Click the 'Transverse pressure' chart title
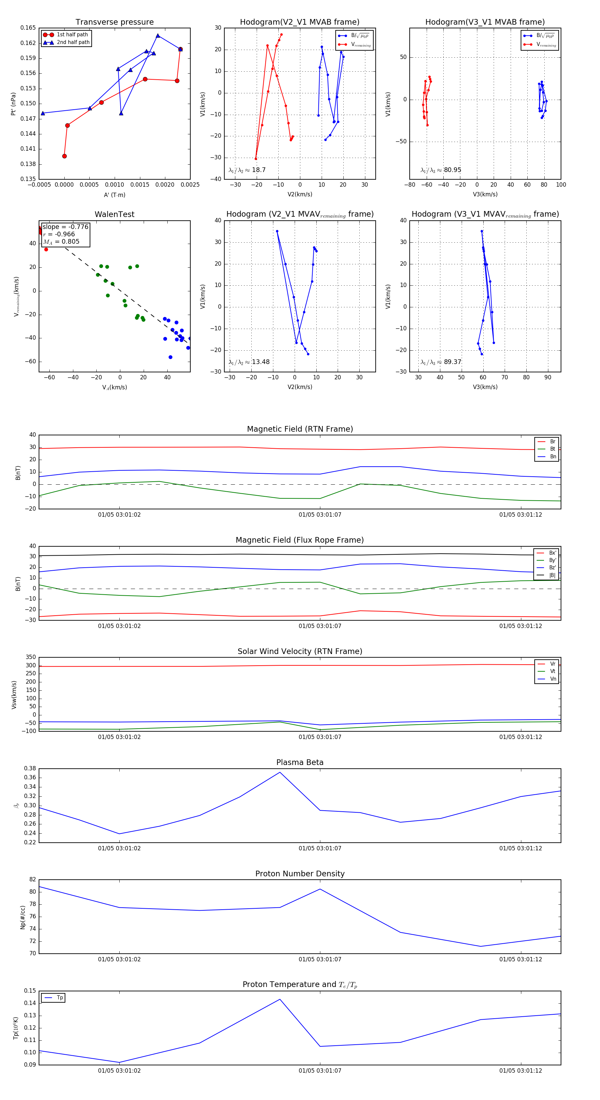click(114, 22)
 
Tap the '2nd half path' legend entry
click(73, 42)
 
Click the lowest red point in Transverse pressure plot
click(64, 156)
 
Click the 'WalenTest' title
click(114, 214)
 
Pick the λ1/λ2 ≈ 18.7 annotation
click(247, 170)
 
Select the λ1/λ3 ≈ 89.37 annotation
click(441, 362)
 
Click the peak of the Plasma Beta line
click(280, 772)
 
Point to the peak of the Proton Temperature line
click(280, 999)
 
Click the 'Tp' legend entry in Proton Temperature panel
click(59, 998)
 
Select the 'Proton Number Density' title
click(300, 874)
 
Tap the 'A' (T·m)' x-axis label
click(114, 195)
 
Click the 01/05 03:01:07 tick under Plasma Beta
click(320, 848)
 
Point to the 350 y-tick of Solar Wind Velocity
click(31, 657)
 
